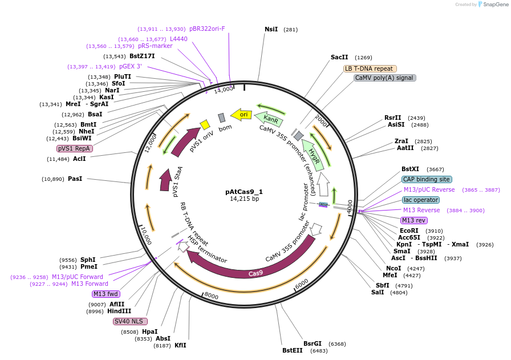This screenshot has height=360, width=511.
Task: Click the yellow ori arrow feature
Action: click(242, 115)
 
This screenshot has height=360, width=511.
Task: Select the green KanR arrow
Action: click(269, 119)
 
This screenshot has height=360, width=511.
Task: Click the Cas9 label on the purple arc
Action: click(255, 273)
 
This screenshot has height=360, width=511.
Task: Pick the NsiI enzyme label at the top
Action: click(271, 29)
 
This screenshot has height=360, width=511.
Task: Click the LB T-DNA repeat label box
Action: click(369, 68)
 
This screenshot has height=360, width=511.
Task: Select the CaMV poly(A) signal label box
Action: click(384, 78)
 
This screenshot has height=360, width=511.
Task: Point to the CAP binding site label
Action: click(427, 179)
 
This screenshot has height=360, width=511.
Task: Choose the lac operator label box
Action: click(421, 200)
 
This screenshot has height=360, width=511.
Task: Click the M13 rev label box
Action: click(413, 220)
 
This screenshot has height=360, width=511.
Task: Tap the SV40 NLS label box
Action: click(130, 321)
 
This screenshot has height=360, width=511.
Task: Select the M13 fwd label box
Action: click(106, 294)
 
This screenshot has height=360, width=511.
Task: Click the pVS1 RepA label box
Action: click(74, 148)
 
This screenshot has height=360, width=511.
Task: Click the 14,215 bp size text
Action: click(244, 199)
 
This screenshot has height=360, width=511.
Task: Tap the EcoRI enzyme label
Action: click(409, 230)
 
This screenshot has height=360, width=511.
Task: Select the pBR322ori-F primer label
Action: click(207, 29)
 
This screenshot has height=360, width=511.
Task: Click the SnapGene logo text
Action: click(492, 5)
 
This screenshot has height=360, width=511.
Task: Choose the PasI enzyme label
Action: click(75, 179)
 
